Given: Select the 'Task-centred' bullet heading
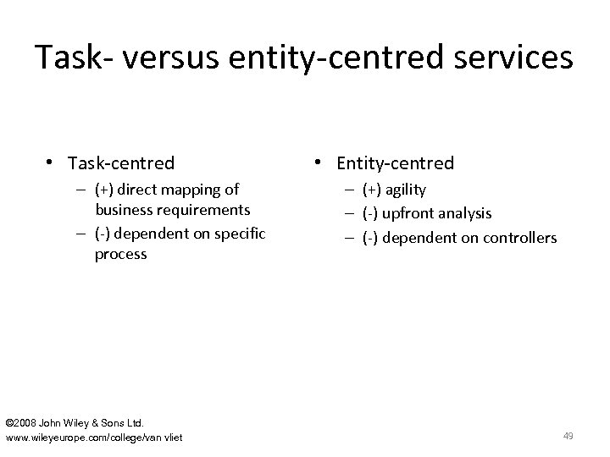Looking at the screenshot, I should tap(121, 162).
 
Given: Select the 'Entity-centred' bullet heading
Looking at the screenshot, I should tap(395, 162).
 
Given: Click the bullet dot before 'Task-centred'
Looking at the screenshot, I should tap(53, 162).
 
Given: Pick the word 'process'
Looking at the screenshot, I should tap(121, 253).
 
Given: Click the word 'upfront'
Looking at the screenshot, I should tap(410, 214).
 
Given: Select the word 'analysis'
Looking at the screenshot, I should tap(464, 214).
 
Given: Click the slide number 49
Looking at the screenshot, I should tap(568, 436).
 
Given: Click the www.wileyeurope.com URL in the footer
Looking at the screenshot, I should tap(94, 437).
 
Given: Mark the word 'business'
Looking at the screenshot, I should tap(124, 210).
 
